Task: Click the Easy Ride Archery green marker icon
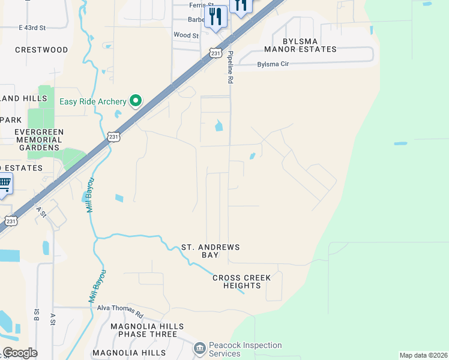tap(136, 101)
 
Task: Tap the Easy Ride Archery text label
tap(93, 101)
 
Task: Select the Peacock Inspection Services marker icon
tap(200, 348)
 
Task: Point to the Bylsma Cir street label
tap(277, 64)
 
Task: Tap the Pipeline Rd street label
tap(229, 67)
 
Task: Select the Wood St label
tap(185, 36)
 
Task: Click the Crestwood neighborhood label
tap(41, 50)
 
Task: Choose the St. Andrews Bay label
tap(211, 251)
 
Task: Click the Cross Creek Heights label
tap(242, 281)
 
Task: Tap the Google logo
tap(20, 353)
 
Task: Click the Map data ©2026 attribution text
tap(423, 355)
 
